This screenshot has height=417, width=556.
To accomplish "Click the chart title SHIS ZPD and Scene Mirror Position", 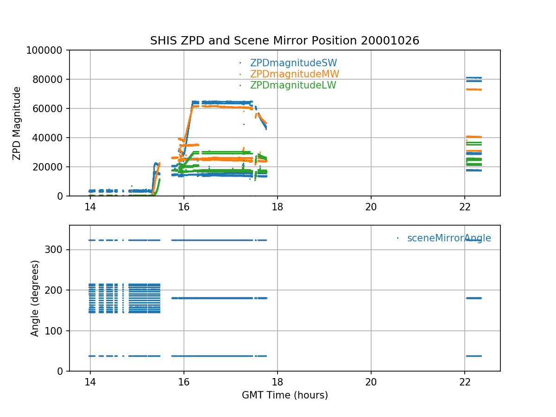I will click(284, 41).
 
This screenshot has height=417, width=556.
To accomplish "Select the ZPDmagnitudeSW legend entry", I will click(293, 63).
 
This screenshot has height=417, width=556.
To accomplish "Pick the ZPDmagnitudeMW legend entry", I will click(294, 74).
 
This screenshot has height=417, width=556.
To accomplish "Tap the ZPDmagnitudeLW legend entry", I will click(293, 85).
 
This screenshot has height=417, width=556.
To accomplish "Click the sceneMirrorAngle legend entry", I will click(449, 238).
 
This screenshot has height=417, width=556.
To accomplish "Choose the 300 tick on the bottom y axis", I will click(57, 250).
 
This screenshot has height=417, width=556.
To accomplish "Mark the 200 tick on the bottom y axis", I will click(57, 290).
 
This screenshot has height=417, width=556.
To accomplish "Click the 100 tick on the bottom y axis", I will click(57, 331).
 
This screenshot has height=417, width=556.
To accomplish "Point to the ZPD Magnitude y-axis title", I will click(17, 123).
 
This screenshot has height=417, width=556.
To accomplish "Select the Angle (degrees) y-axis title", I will click(35, 298).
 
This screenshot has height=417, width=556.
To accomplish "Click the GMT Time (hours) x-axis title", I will click(284, 395).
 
